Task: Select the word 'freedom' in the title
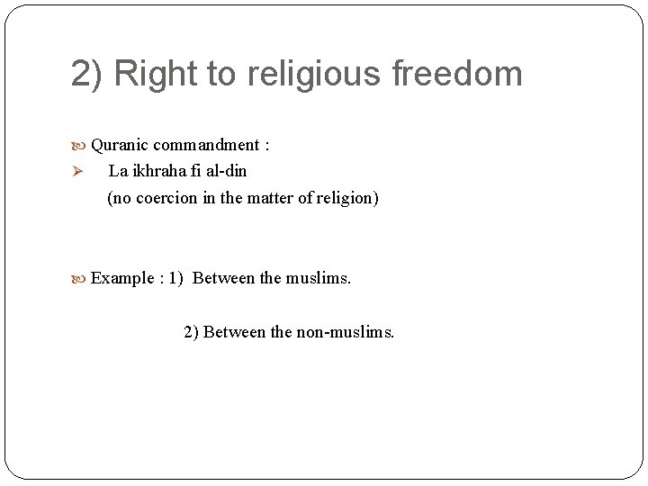pos(458,74)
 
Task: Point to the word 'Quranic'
pos(120,145)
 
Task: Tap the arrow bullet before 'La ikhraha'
pos(77,172)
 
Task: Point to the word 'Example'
pos(122,278)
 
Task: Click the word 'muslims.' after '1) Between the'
pos(319,278)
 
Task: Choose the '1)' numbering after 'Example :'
pos(175,278)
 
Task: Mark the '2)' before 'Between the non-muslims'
pos(191,332)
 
